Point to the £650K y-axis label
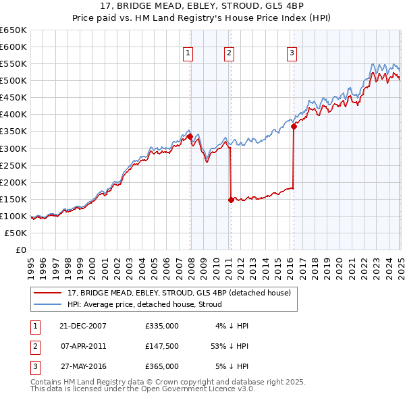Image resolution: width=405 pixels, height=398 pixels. tap(13, 30)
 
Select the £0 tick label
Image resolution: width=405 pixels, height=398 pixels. tap(20, 250)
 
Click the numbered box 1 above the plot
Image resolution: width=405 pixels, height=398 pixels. tap(186, 54)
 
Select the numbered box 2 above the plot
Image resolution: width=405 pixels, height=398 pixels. tap(229, 54)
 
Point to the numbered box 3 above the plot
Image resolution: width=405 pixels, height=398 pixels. tap(292, 54)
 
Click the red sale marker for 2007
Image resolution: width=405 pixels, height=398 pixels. tap(190, 136)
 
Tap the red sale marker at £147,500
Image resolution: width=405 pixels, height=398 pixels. tap(231, 200)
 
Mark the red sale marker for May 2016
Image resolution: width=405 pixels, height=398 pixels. tap(294, 126)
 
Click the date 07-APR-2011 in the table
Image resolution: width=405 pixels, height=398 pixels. tap(83, 346)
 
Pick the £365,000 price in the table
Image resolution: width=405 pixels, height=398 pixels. tap(162, 366)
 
